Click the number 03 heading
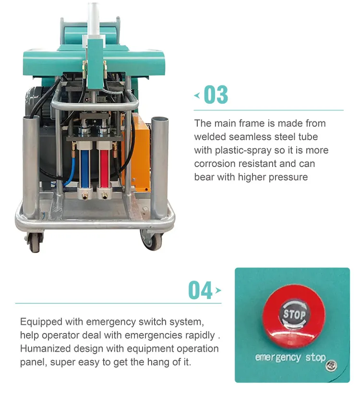(x=216, y=95)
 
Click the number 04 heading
(x=200, y=290)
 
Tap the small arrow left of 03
(x=197, y=95)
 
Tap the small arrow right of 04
(x=218, y=290)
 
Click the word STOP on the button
(x=294, y=314)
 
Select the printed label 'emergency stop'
(x=290, y=357)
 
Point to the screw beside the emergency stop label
(x=331, y=366)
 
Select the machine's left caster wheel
(x=35, y=242)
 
